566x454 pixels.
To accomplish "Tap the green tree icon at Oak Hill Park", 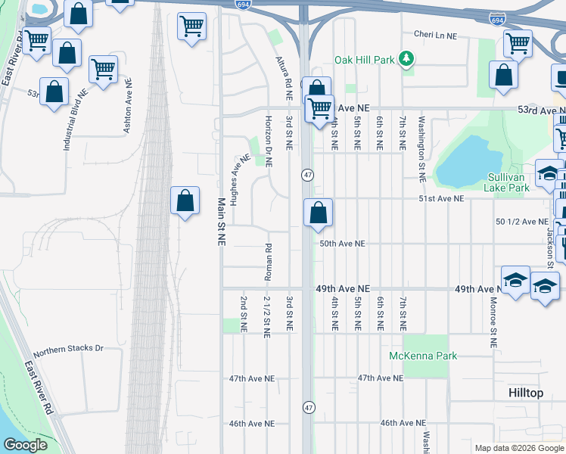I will tap(407, 58).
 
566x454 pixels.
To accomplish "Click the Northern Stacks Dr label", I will tap(67, 349).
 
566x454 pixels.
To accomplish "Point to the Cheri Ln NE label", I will tap(436, 34).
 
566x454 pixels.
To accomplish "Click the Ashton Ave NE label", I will tap(128, 106).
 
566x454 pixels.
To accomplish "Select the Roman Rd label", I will tap(268, 262).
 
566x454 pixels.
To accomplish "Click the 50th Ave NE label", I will tap(342, 244).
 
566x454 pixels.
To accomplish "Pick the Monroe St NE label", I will tap(493, 322).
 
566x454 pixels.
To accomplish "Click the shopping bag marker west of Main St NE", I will tap(185, 202).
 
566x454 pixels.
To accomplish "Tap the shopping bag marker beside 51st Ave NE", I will tap(319, 213).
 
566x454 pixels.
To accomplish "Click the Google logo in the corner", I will tap(25, 445).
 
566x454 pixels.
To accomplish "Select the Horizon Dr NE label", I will tap(268, 141).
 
